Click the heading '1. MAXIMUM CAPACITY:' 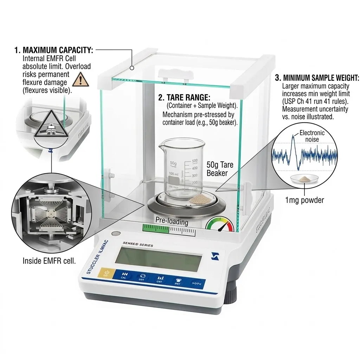(x=54, y=50)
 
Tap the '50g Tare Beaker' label (x=220, y=169)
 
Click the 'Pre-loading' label (x=172, y=222)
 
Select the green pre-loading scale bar (x=169, y=229)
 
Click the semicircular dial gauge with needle (x=220, y=225)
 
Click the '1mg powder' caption (x=304, y=200)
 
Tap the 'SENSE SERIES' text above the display (x=138, y=244)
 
